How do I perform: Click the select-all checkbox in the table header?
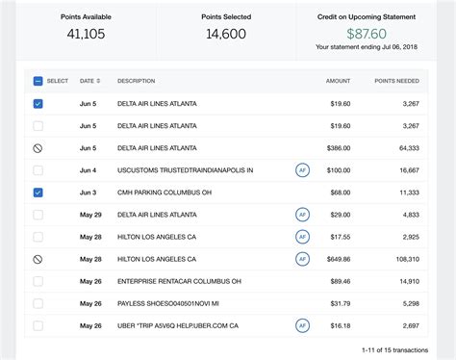[x=38, y=81]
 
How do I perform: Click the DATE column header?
[x=88, y=81]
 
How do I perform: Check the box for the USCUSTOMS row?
[x=38, y=169]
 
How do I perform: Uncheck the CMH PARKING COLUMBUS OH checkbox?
[x=38, y=193]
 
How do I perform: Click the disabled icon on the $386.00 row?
[x=38, y=148]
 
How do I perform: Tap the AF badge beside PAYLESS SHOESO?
[x=302, y=303]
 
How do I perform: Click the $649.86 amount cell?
[x=338, y=259]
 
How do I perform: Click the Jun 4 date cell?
[x=88, y=170]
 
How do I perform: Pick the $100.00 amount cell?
[x=339, y=170]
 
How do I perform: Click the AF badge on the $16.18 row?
[x=302, y=325]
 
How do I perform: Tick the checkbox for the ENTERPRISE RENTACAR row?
[x=38, y=281]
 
